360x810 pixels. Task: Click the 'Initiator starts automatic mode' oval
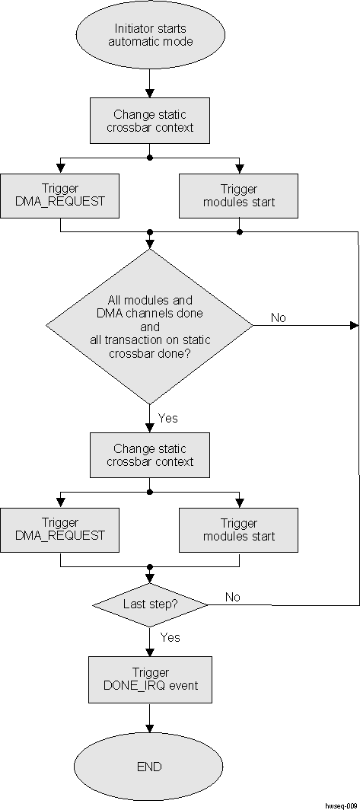(x=150, y=35)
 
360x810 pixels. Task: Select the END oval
(x=150, y=766)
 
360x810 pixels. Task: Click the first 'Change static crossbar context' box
(x=150, y=121)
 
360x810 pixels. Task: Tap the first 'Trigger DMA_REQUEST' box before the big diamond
(x=60, y=196)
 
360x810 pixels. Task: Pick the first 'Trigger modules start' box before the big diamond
(x=239, y=196)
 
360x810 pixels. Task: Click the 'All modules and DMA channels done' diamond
(x=150, y=327)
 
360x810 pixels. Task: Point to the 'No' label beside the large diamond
(x=279, y=317)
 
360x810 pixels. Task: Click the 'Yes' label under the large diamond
(x=169, y=417)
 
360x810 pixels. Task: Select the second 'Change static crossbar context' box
(x=150, y=455)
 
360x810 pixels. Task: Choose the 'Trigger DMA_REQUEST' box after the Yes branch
(x=60, y=530)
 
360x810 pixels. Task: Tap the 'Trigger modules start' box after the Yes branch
(x=239, y=530)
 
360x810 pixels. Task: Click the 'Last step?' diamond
(x=150, y=604)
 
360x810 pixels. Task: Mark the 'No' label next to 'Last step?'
(x=233, y=597)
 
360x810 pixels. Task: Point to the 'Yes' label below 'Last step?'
(x=170, y=636)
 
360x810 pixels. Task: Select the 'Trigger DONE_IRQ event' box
(x=150, y=679)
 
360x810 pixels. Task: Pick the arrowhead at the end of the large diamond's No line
(x=354, y=326)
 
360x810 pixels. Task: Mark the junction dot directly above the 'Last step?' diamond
(x=150, y=567)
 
